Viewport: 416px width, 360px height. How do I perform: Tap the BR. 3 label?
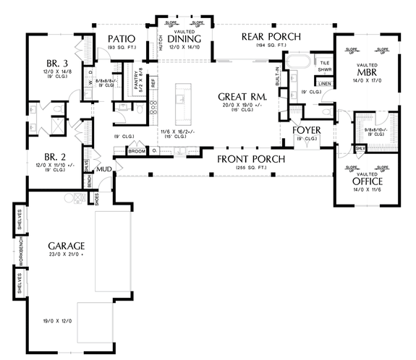click(55, 64)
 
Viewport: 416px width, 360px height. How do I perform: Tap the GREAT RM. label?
click(242, 96)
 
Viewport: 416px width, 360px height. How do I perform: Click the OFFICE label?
click(368, 181)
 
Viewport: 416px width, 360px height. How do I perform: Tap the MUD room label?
click(105, 169)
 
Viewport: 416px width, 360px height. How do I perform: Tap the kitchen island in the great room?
click(181, 95)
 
